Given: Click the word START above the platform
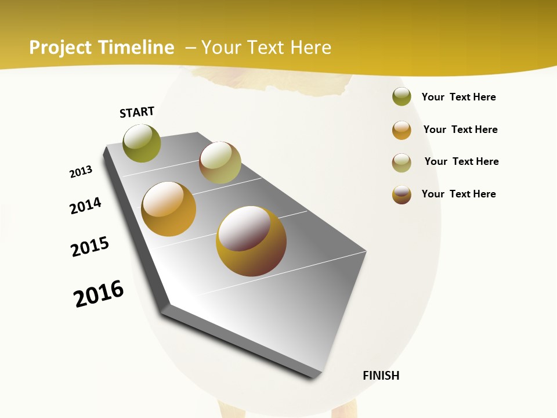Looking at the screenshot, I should [137, 112].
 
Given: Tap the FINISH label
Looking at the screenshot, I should [381, 376].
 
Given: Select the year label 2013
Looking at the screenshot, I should [81, 172].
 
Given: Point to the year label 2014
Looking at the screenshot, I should [86, 206].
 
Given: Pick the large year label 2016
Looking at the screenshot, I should [99, 294].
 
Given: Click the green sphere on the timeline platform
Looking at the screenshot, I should [142, 143].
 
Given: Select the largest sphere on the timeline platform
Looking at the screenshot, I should [251, 240].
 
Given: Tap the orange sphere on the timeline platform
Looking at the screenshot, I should [169, 209].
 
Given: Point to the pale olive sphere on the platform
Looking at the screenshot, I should [220, 163].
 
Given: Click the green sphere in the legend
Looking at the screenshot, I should [402, 97].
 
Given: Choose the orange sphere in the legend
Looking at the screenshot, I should [402, 130].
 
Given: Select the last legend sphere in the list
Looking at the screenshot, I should [402, 194].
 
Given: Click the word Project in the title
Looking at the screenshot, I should [60, 48].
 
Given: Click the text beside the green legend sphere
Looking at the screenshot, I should [458, 97].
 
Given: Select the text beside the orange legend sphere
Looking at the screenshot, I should [460, 129].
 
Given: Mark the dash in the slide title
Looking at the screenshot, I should [190, 48].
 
